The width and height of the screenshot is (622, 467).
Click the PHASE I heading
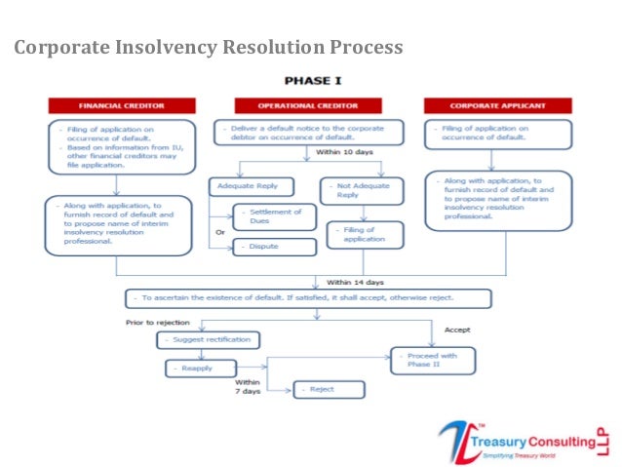(x=312, y=81)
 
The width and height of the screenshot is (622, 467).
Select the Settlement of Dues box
(x=275, y=216)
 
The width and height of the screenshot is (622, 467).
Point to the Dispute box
(x=275, y=247)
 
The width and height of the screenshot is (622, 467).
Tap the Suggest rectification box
(x=209, y=339)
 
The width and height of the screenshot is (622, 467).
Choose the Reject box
(x=329, y=389)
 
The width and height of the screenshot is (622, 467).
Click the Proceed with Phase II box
(x=433, y=361)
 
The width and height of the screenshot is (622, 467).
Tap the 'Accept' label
(x=459, y=329)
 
